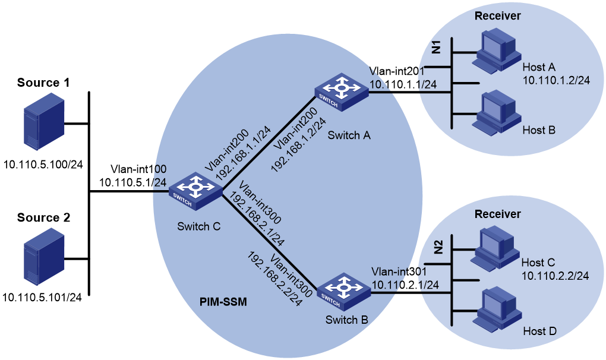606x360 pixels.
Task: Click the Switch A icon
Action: pos(341,92)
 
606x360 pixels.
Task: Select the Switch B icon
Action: pos(343,292)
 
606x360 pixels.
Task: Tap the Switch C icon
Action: pos(195,191)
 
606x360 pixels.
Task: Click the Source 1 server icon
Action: pos(44,124)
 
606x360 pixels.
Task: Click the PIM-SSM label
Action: pos(223,302)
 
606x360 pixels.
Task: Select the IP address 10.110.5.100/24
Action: pos(43,165)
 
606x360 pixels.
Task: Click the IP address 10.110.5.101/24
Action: pos(42,297)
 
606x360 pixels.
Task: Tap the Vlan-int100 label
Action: pos(138,169)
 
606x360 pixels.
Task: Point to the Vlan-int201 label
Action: pos(396,71)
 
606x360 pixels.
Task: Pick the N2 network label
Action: pos(438,247)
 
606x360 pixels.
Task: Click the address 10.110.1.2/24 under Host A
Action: pos(556,80)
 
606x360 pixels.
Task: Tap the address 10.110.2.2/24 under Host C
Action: pos(555,276)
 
